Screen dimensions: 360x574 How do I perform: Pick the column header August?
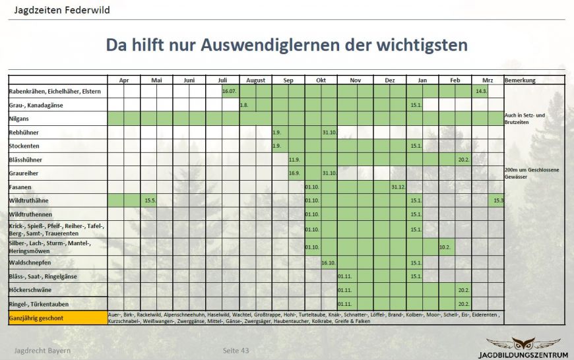coord(255,80)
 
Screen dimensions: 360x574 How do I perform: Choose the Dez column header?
coord(389,80)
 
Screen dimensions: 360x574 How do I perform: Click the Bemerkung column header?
coord(520,80)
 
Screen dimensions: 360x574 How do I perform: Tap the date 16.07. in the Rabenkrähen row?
coord(230,91)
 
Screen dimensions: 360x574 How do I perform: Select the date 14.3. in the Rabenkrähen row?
coord(481,91)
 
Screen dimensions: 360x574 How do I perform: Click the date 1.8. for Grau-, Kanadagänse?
coord(243,105)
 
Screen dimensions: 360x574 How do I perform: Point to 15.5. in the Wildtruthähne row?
coord(149,200)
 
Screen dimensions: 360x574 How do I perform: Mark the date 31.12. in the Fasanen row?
coord(397,187)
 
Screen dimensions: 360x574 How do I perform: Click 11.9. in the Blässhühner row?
coord(295,160)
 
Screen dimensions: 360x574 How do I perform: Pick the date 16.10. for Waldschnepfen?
coord(329,262)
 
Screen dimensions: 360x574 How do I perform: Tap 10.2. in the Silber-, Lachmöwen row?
coord(445,247)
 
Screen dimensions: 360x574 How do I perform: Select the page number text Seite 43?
coord(236,349)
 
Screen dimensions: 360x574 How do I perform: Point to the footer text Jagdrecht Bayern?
coord(43,349)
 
